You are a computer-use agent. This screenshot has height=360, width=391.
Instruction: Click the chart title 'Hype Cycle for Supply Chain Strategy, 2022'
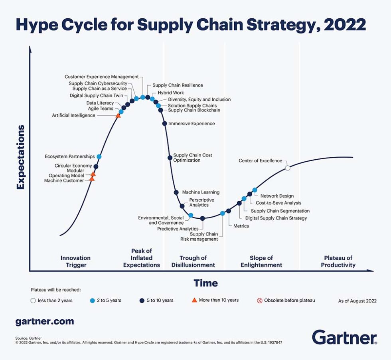(191, 25)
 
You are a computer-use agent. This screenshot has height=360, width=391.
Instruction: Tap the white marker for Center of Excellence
(288, 168)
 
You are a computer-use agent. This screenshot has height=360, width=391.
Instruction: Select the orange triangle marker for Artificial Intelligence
(118, 115)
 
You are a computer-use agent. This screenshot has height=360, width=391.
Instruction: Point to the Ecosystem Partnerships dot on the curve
(99, 156)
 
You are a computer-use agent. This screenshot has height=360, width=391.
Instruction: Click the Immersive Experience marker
(164, 124)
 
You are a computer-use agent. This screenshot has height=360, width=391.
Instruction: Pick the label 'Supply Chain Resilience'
(178, 85)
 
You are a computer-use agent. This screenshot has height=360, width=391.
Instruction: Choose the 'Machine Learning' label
(201, 192)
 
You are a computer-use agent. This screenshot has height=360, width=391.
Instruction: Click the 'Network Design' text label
(277, 196)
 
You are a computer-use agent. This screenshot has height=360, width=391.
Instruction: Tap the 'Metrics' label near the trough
(241, 226)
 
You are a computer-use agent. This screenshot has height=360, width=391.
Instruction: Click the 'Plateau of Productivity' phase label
(338, 261)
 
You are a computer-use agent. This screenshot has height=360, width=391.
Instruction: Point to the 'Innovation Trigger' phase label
(75, 261)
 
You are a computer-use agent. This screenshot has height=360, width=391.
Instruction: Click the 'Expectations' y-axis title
(21, 157)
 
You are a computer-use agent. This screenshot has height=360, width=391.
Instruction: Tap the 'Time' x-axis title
(205, 283)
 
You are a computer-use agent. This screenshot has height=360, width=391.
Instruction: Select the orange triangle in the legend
(194, 300)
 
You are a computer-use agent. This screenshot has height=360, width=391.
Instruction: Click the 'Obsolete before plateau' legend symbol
(260, 300)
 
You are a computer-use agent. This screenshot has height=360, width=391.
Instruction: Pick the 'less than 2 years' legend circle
(33, 301)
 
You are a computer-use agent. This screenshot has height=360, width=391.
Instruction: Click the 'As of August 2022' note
(357, 301)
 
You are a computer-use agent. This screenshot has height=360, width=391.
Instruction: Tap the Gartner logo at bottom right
(344, 337)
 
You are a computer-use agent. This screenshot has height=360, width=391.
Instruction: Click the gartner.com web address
(44, 321)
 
